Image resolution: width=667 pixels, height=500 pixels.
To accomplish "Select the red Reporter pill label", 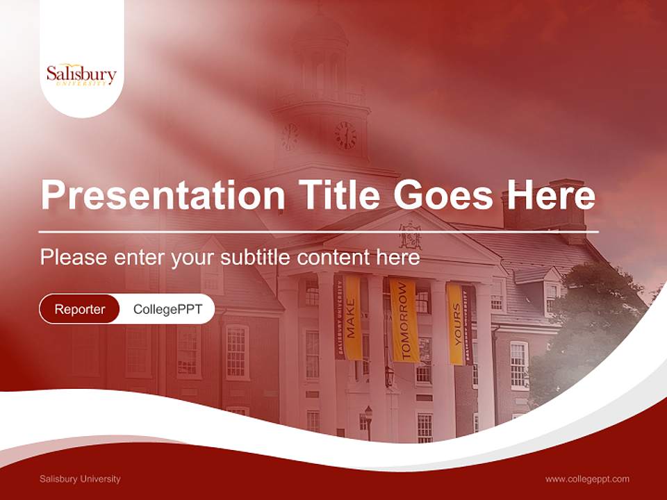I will click(x=79, y=309).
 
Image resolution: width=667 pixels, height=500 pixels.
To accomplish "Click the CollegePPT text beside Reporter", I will click(x=167, y=309).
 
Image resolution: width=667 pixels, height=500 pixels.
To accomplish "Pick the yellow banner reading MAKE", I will click(x=352, y=317).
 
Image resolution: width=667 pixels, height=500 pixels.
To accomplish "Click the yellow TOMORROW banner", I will click(x=404, y=319).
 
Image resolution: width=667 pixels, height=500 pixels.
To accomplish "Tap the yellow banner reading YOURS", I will click(x=456, y=324).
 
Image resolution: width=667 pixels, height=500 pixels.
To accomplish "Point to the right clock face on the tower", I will click(x=345, y=135).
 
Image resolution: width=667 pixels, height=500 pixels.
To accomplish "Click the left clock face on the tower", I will click(x=290, y=137).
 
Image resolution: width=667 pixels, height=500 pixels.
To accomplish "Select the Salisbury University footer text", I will click(x=80, y=478).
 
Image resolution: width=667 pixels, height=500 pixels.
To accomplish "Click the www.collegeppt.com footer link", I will click(x=587, y=478).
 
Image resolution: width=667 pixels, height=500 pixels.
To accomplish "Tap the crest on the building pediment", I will click(x=410, y=235).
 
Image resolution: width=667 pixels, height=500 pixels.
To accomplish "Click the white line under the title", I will click(x=319, y=231).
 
